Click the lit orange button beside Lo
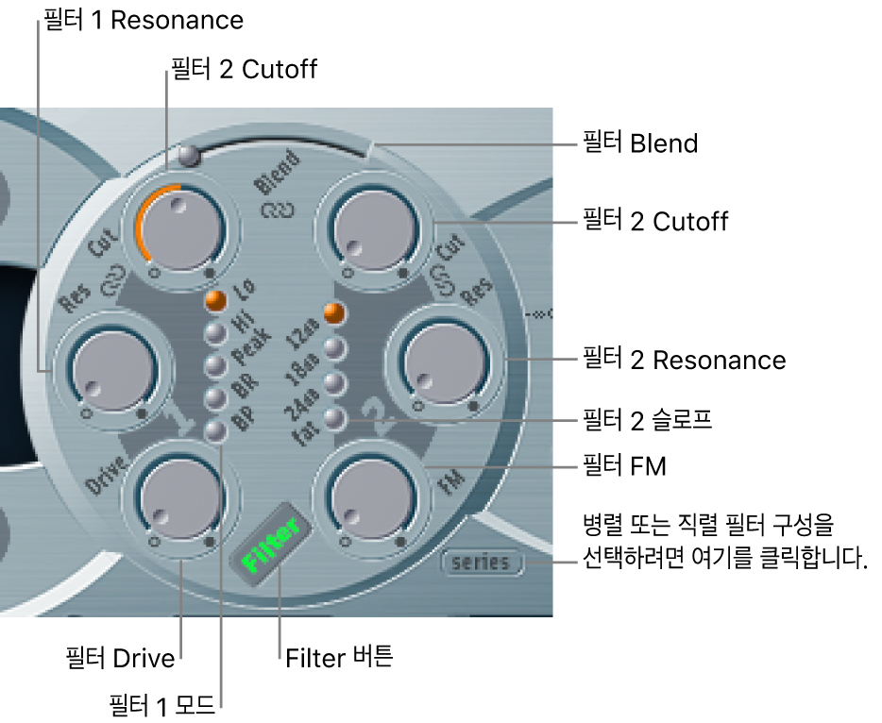(x=216, y=301)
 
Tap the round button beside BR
(x=216, y=397)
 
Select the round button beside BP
(x=216, y=430)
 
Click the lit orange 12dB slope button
(x=331, y=311)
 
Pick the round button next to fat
(x=331, y=418)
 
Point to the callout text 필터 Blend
(x=638, y=144)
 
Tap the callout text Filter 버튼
(x=338, y=658)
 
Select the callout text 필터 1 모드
(x=162, y=703)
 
